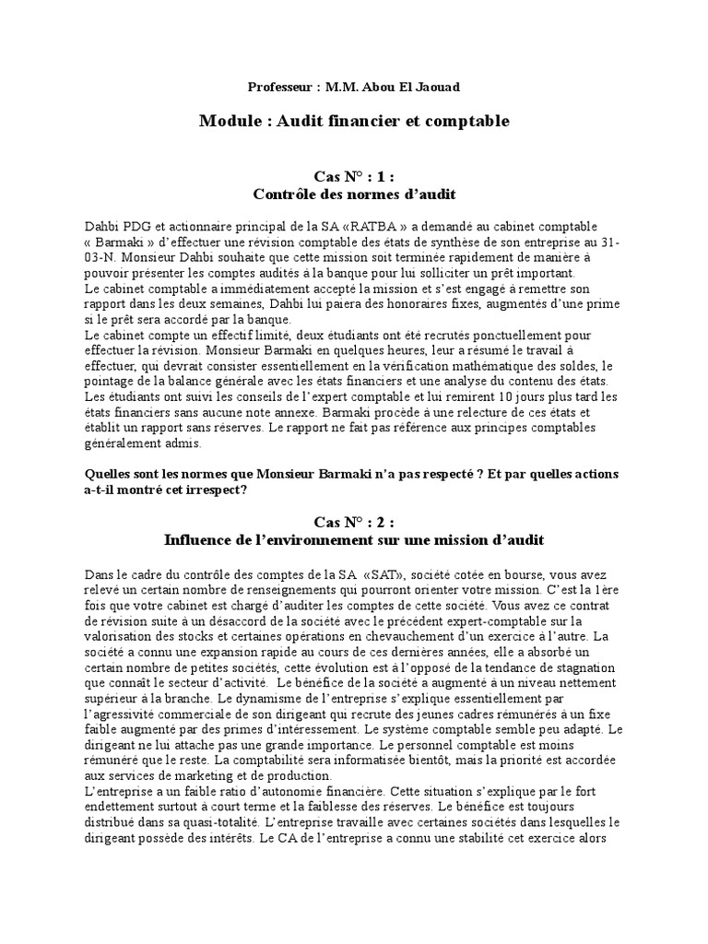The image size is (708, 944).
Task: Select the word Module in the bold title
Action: pos(227,121)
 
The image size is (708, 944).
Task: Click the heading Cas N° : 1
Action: pos(354,177)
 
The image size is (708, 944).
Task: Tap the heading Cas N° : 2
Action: pos(354,522)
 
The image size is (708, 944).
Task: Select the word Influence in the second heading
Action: pos(200,538)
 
